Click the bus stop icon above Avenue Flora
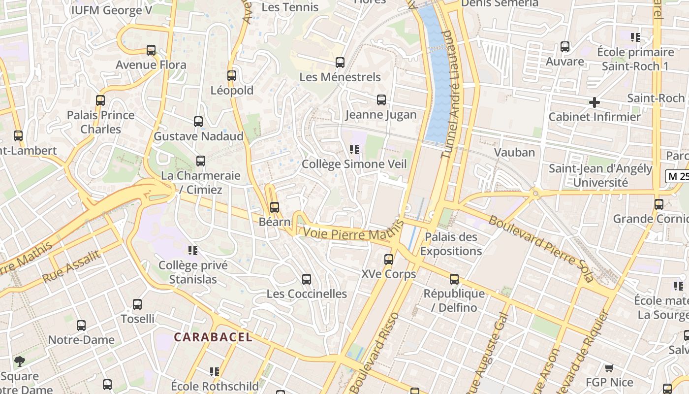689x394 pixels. point(151,50)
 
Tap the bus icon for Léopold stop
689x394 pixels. point(232,76)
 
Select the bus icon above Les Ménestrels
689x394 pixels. point(340,63)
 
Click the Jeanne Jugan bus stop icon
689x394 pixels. point(381,100)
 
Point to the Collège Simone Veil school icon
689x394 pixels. point(354,149)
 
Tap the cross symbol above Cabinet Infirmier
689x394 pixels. point(595,102)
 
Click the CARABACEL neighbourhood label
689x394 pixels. point(213,337)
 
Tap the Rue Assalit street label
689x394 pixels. point(71,266)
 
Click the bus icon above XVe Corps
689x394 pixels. point(389,259)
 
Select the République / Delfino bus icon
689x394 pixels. point(454,279)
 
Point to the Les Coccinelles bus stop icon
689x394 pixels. point(307,279)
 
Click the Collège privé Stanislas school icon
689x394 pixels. point(193,251)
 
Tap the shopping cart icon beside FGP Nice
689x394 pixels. point(609,368)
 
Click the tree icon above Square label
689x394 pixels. point(19,361)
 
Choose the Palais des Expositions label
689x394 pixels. point(451,244)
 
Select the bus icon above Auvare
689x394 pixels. point(565,47)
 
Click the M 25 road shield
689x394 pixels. point(678,176)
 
